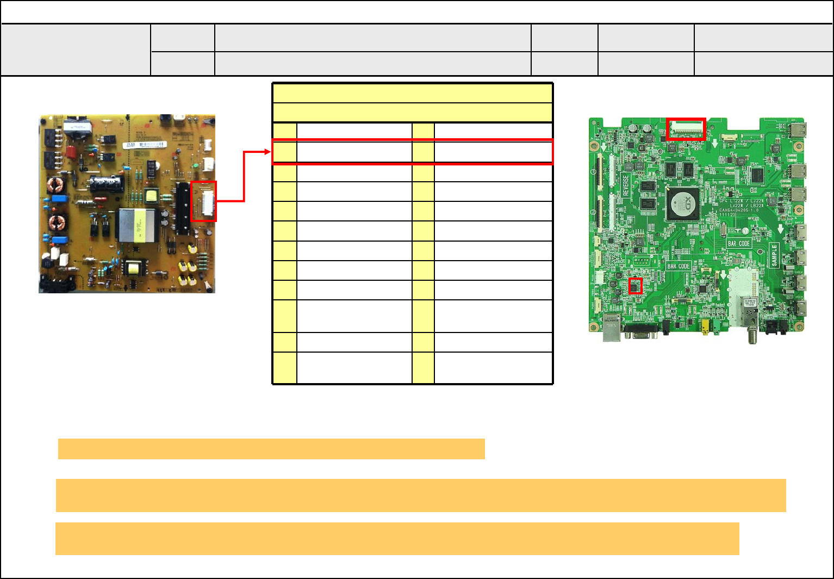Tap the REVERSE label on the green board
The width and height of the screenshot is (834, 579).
626,186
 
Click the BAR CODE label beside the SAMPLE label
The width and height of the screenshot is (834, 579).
739,243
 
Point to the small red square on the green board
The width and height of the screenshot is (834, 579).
636,286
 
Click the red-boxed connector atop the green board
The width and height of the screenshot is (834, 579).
686,129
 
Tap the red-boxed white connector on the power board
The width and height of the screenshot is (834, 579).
204,201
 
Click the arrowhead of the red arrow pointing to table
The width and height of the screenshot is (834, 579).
269,152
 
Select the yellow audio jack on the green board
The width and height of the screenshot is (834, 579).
705,326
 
